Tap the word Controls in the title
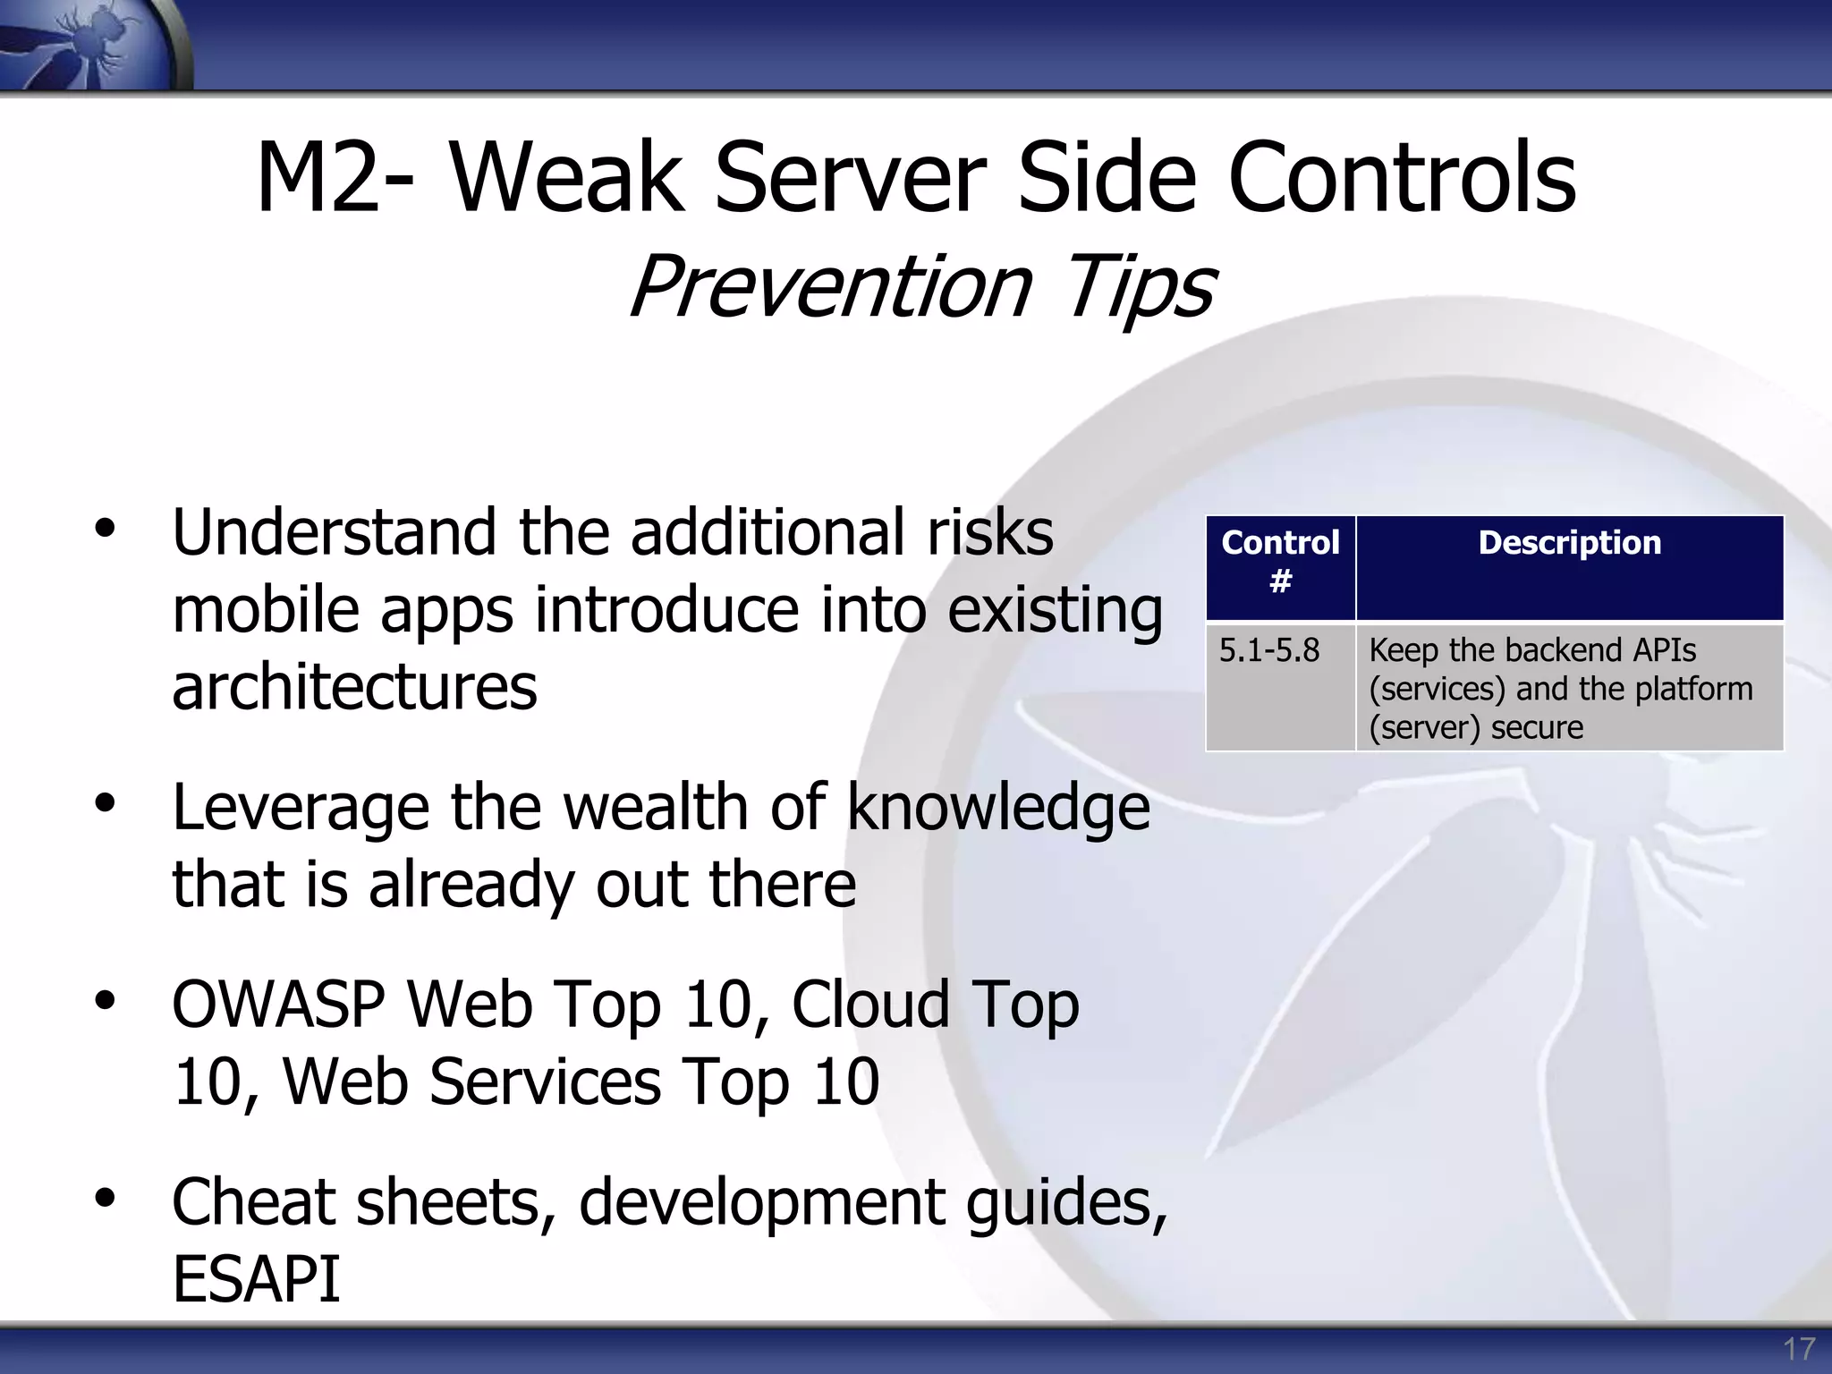(x=1402, y=178)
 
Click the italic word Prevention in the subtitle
(x=830, y=286)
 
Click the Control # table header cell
(x=1280, y=563)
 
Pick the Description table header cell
(x=1569, y=544)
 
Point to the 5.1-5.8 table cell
(x=1268, y=650)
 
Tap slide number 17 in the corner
(x=1799, y=1349)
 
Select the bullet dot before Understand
(x=106, y=528)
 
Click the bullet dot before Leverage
(x=106, y=802)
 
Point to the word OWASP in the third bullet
(x=278, y=1005)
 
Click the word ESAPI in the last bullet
(x=257, y=1279)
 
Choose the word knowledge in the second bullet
(x=997, y=807)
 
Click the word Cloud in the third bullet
(x=870, y=1005)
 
